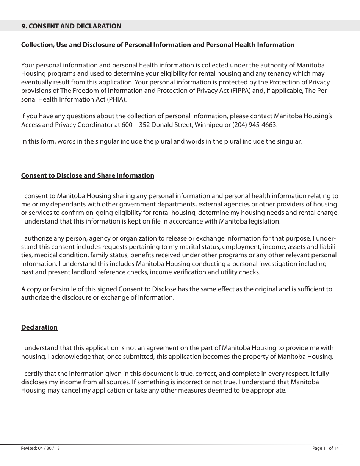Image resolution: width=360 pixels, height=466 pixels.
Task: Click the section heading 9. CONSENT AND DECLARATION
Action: click(x=71, y=26)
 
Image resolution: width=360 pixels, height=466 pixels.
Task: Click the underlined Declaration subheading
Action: click(x=39, y=327)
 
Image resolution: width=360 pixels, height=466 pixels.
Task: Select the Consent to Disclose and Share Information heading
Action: click(x=88, y=175)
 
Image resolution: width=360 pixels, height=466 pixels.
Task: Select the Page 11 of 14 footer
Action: click(x=326, y=448)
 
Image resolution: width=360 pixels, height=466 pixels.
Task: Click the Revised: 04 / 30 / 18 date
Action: click(x=41, y=448)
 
